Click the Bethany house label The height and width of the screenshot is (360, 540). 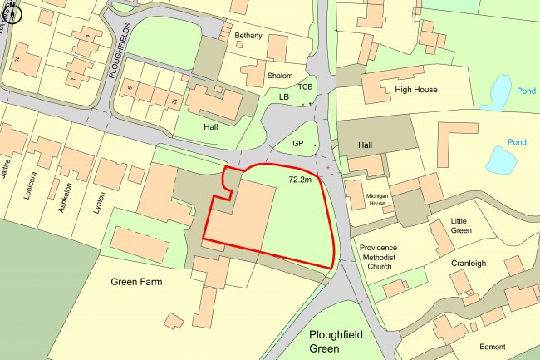click(x=248, y=36)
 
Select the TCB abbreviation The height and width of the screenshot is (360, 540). click(x=305, y=86)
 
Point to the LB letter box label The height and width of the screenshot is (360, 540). click(x=284, y=97)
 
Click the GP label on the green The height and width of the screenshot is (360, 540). click(x=297, y=144)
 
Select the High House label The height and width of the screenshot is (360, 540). click(x=416, y=89)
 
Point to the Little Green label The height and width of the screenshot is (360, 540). click(x=464, y=226)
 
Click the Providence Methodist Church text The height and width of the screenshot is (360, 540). click(x=378, y=257)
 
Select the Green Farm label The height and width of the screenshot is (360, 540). click(x=136, y=282)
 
